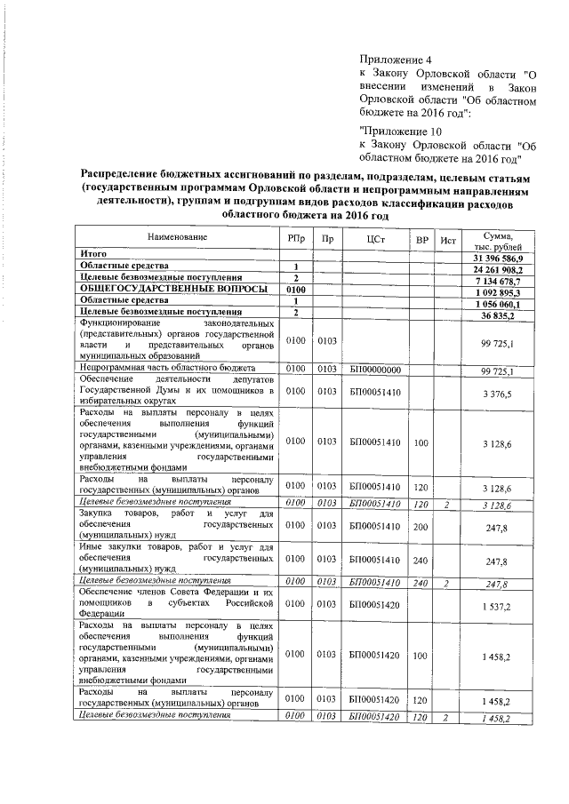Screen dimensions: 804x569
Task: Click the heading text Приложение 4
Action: click(x=394, y=59)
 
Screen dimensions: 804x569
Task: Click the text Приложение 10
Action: click(x=397, y=130)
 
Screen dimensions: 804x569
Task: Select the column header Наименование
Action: click(x=178, y=238)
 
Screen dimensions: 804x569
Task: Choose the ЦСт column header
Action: click(x=373, y=239)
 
